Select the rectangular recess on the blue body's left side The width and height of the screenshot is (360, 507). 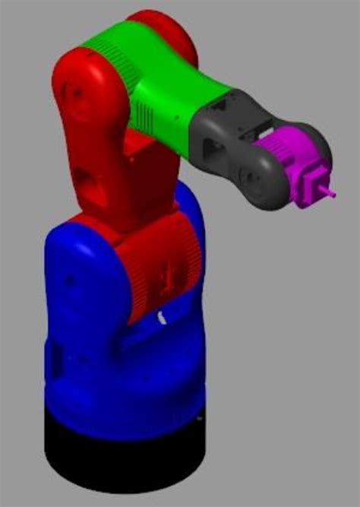(55, 357)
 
